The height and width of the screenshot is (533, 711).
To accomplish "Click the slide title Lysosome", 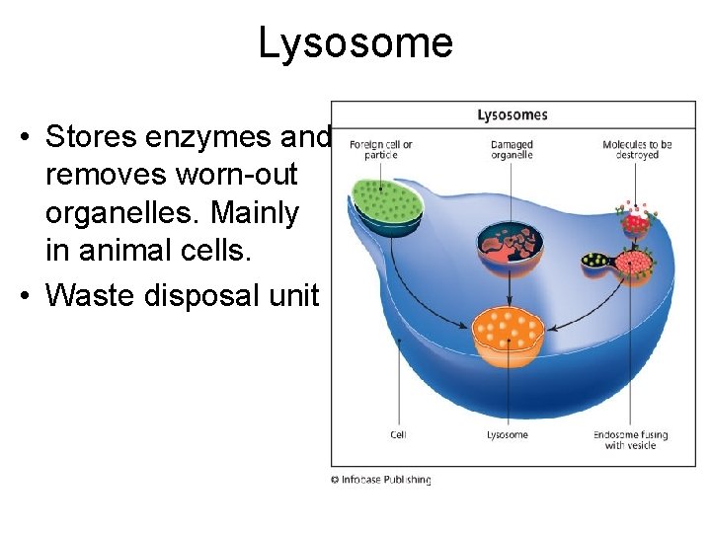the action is pos(355,42).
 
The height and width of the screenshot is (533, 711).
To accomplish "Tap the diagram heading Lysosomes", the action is pos(512,115).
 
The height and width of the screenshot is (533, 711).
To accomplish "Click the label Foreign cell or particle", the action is pos(380,150).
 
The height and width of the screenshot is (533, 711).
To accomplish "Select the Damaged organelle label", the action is pos(512,150).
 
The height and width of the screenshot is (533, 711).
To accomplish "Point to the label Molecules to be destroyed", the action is pos(637,150).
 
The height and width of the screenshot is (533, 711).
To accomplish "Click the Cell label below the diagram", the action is pos(398,434).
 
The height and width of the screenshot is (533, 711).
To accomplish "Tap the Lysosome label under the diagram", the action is pos(508,434).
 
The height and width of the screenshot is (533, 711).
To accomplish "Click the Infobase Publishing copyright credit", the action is pos(381,480).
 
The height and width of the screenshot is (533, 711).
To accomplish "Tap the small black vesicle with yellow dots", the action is pos(596,262).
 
